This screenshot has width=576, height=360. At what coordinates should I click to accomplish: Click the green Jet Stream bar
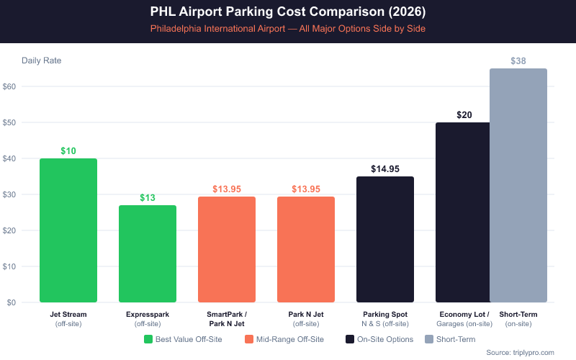(68, 230)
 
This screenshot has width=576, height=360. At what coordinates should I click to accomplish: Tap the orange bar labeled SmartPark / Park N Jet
(227, 249)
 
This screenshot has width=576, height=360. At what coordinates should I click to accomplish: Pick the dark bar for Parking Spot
(385, 239)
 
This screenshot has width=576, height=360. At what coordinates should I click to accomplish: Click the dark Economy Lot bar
(462, 212)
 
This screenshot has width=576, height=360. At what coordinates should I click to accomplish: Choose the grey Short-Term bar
(518, 185)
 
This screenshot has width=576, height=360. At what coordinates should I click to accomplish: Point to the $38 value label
(518, 61)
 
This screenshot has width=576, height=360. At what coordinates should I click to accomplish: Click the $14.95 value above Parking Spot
(385, 169)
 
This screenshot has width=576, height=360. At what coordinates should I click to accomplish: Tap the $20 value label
(464, 115)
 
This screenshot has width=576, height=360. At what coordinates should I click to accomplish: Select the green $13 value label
(148, 198)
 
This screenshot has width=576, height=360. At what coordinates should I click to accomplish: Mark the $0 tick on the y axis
(12, 302)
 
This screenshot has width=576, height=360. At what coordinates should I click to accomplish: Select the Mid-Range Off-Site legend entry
(284, 339)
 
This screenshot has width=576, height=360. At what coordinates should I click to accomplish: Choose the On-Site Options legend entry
(379, 339)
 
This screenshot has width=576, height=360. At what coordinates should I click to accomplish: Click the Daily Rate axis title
(42, 60)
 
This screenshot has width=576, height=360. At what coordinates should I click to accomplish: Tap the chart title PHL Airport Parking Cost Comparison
(288, 12)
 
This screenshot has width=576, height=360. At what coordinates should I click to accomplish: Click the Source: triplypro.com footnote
(520, 352)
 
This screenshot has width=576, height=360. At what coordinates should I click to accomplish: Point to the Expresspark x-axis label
(148, 315)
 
